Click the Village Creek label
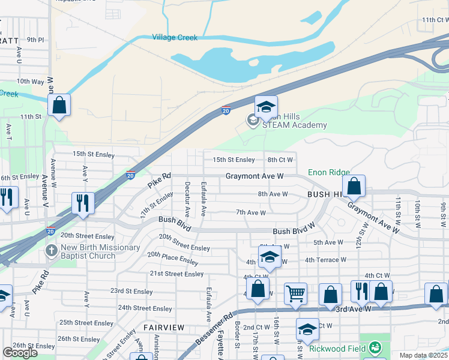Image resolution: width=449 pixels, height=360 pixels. click(175, 37)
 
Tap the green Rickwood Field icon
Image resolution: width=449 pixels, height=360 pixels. click(375, 347)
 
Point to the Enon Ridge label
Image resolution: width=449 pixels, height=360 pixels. click(329, 172)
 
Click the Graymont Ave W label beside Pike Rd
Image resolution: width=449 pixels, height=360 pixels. click(255, 176)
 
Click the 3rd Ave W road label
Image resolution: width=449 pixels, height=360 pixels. click(354, 308)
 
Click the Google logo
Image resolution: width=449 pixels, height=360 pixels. click(20, 353)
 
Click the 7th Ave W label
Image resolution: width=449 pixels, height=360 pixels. click(250, 212)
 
